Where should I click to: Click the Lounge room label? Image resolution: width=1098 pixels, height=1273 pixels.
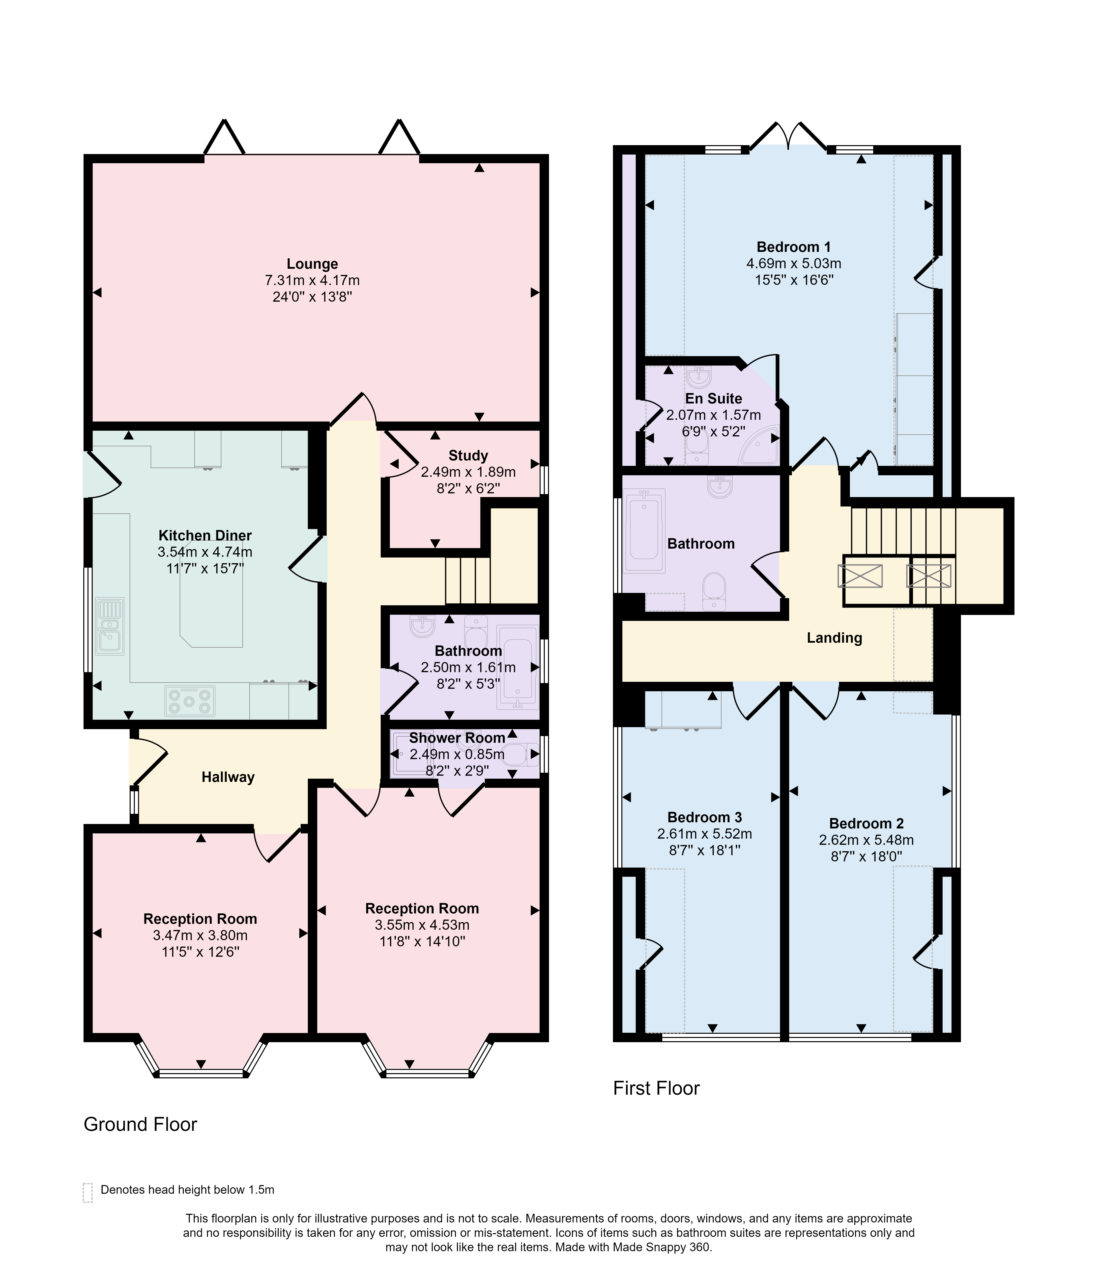[312, 264]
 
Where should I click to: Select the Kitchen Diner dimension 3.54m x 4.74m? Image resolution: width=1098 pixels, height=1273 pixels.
[205, 552]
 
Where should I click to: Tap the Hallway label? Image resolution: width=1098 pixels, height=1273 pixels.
[228, 777]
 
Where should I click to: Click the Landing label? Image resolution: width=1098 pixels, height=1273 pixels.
[834, 638]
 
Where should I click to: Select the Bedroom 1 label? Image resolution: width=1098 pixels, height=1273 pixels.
[794, 247]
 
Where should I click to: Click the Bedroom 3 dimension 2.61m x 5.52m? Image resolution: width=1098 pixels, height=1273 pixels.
[705, 834]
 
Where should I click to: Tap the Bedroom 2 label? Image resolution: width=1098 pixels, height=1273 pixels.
[866, 823]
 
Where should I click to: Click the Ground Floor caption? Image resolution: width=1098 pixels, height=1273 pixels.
[140, 1124]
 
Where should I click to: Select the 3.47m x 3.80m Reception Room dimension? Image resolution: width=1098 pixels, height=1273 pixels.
[201, 935]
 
